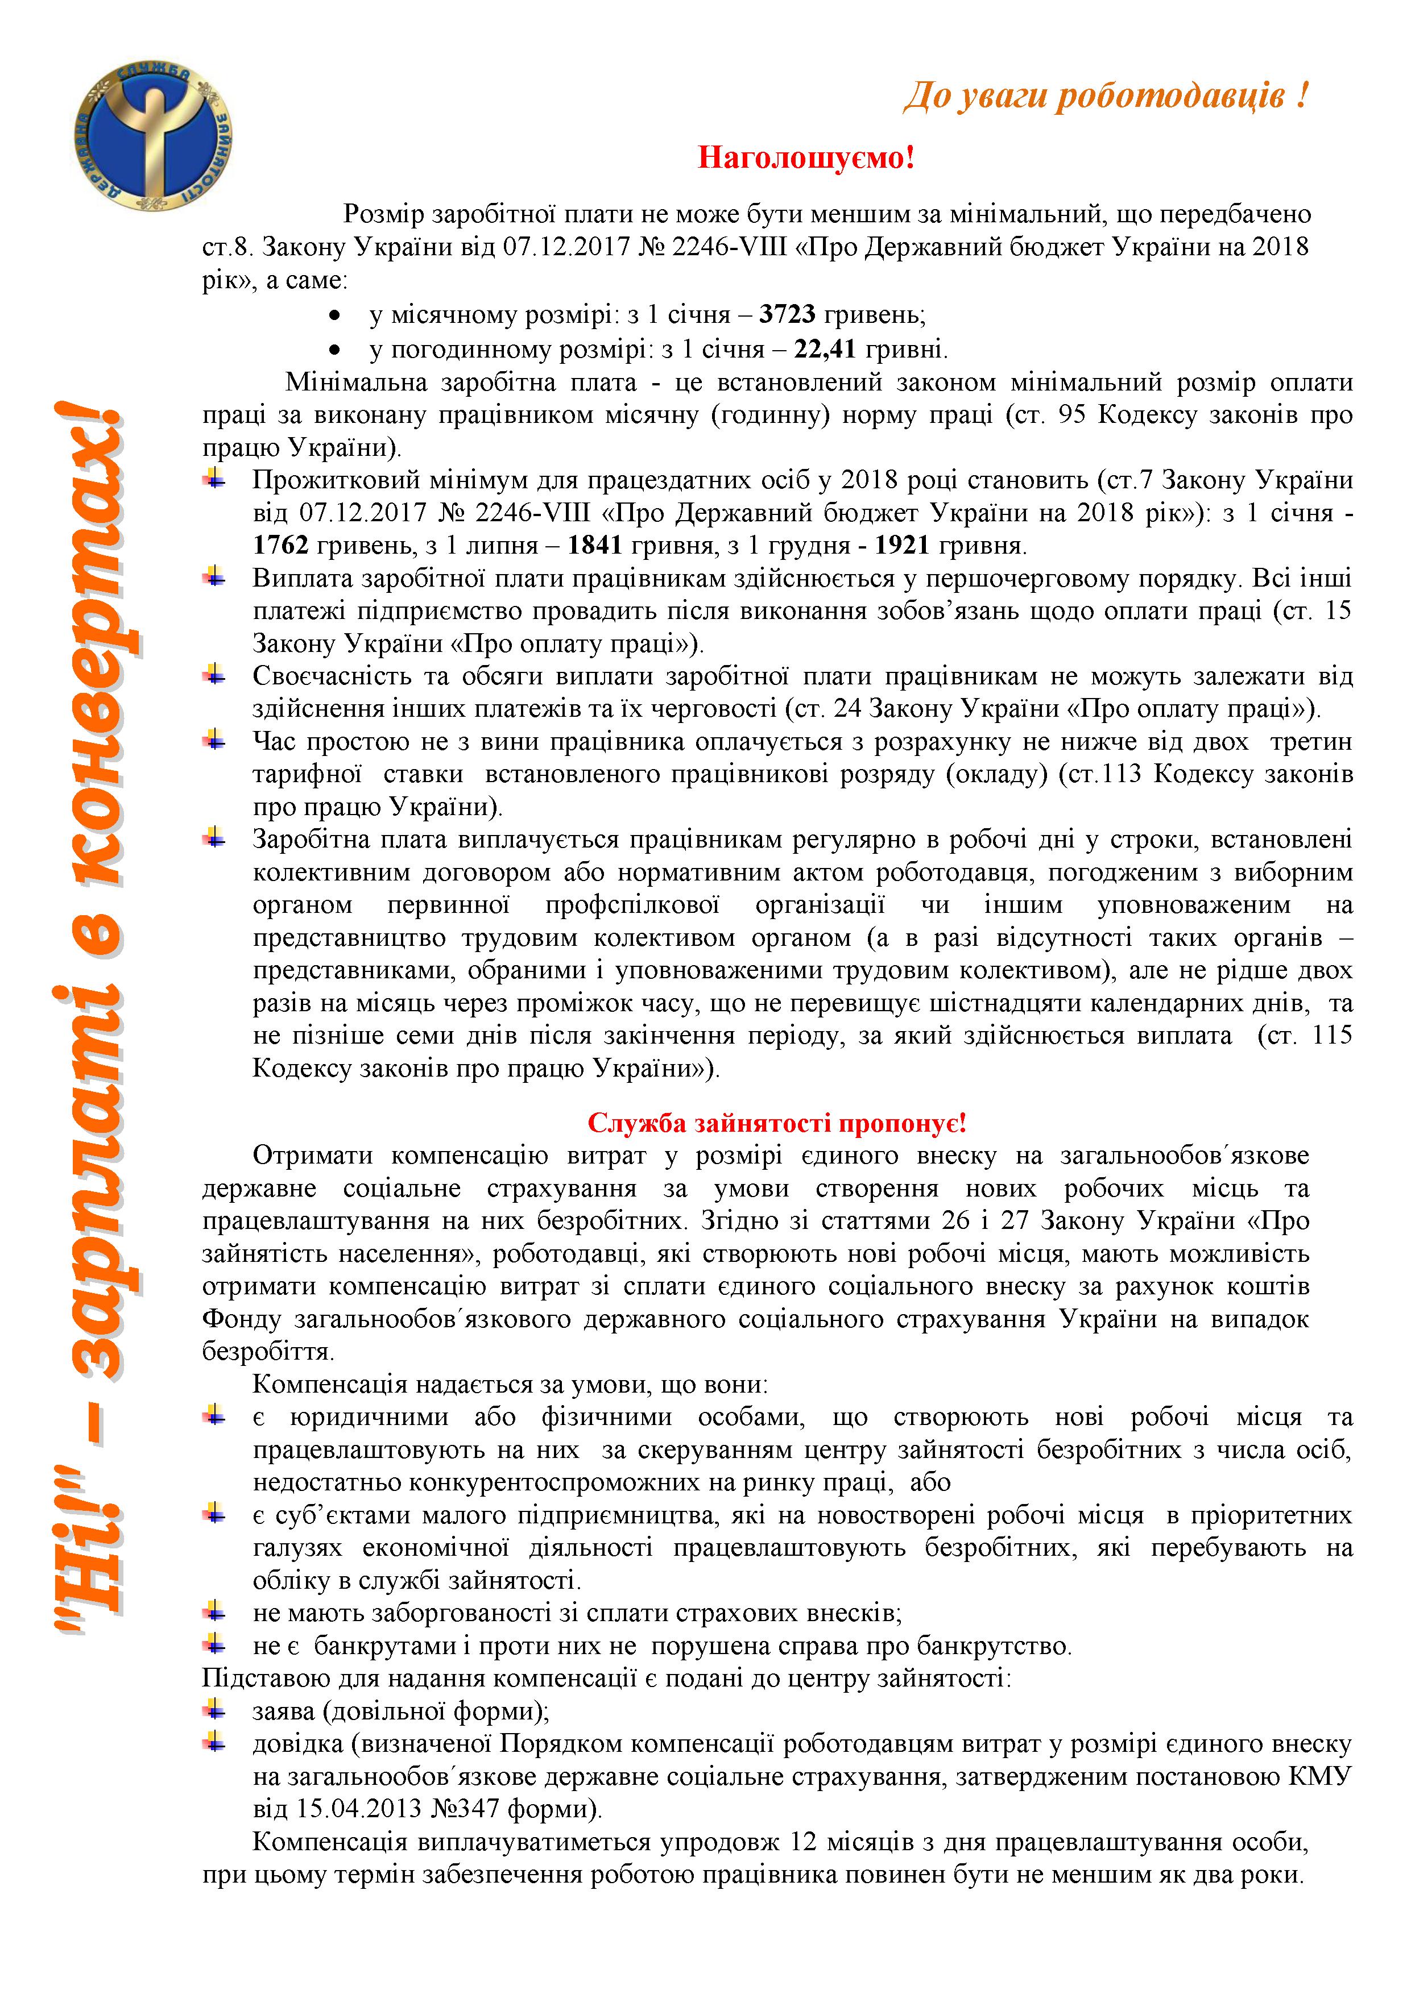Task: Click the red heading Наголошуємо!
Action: (806, 158)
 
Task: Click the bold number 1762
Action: (280, 546)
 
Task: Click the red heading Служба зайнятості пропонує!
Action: (777, 1123)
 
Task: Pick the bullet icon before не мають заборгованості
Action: (214, 1613)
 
